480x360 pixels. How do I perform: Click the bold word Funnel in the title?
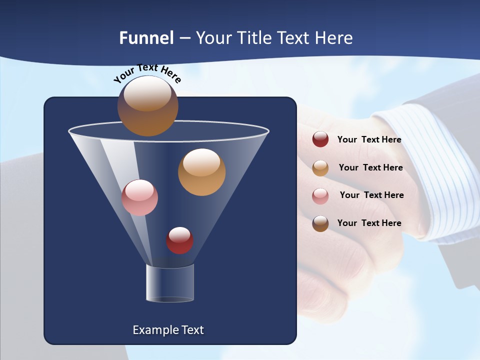(x=146, y=38)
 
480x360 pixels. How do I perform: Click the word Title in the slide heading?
(x=253, y=38)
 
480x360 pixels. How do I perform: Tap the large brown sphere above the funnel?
(x=147, y=106)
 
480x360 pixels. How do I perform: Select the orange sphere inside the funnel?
(x=201, y=172)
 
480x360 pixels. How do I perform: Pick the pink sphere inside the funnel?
(x=139, y=197)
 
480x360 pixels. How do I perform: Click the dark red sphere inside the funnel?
(x=179, y=240)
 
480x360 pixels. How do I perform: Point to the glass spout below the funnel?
(x=169, y=283)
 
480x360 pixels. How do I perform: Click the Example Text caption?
(x=168, y=330)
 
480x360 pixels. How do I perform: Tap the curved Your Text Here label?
(x=147, y=73)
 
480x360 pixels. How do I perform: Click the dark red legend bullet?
(x=320, y=139)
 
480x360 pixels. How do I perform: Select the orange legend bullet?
(x=320, y=168)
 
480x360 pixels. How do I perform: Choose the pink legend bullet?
(x=320, y=195)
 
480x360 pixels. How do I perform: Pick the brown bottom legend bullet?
(x=320, y=223)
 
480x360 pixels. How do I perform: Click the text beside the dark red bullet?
(x=369, y=139)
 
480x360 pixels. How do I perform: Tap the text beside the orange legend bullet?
(x=370, y=167)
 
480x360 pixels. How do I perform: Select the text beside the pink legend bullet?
(x=371, y=195)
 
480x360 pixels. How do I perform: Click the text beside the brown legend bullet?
(x=369, y=223)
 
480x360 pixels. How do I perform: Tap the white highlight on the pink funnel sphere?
(x=139, y=189)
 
